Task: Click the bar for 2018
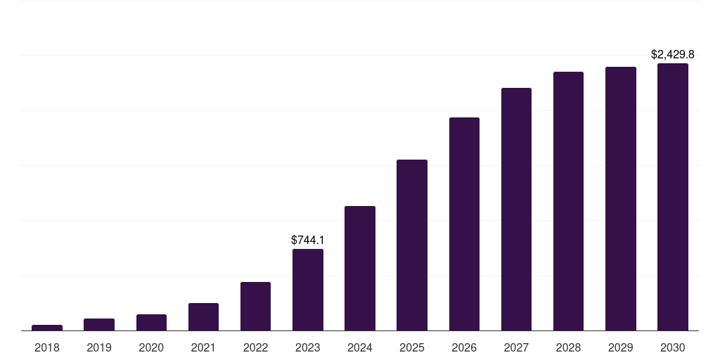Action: pyautogui.click(x=47, y=328)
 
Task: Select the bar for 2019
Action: pyautogui.click(x=99, y=324)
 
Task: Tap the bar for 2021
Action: pyautogui.click(x=203, y=316)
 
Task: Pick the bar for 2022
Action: pyautogui.click(x=255, y=306)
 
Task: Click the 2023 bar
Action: pyautogui.click(x=308, y=290)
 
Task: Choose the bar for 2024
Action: pyautogui.click(x=360, y=268)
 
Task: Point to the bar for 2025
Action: pyautogui.click(x=412, y=245)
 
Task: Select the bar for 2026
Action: pyautogui.click(x=464, y=224)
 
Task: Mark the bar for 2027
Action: pyautogui.click(x=516, y=209)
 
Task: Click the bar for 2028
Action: pyautogui.click(x=568, y=201)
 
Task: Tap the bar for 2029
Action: pyautogui.click(x=621, y=198)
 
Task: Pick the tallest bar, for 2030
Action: pyautogui.click(x=673, y=197)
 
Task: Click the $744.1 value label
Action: pyautogui.click(x=308, y=240)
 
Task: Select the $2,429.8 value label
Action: pyautogui.click(x=673, y=54)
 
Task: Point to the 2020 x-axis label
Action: pyautogui.click(x=151, y=347)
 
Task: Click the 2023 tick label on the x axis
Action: pyautogui.click(x=308, y=347)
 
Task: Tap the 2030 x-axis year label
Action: pyautogui.click(x=673, y=347)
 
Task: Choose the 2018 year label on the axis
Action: pyautogui.click(x=47, y=347)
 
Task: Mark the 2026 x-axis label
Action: pyautogui.click(x=464, y=347)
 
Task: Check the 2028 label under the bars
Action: pyautogui.click(x=568, y=347)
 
